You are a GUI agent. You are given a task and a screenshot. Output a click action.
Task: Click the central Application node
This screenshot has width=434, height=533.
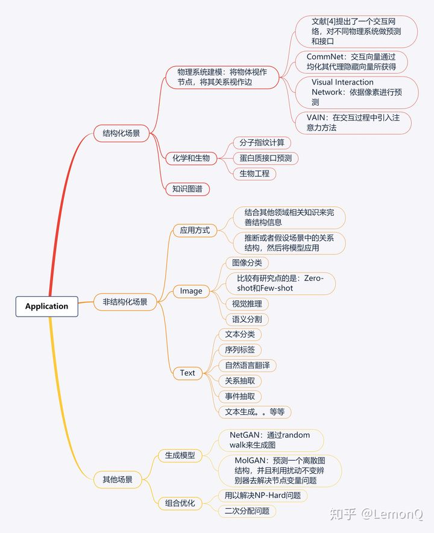pyautogui.click(x=46, y=306)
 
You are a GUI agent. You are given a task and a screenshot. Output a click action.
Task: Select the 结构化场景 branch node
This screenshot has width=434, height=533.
pyautogui.click(x=121, y=133)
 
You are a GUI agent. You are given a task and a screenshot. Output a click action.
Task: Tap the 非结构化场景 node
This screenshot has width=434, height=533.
pyautogui.click(x=125, y=301)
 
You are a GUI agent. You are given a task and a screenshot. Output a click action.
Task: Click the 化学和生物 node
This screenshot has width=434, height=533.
pyautogui.click(x=191, y=158)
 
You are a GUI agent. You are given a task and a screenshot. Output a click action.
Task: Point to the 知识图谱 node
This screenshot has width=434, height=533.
pyautogui.click(x=187, y=189)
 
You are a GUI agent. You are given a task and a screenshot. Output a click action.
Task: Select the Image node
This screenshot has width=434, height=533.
pyautogui.click(x=191, y=291)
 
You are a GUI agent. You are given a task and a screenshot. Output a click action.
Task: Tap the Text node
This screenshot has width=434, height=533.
pyautogui.click(x=187, y=373)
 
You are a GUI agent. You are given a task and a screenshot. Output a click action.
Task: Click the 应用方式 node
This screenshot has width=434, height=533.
pyautogui.click(x=195, y=230)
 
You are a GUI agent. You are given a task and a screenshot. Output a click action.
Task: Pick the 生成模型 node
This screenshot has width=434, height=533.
pyautogui.click(x=180, y=455)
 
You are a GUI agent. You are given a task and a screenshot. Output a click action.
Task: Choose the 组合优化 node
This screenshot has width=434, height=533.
pyautogui.click(x=180, y=503)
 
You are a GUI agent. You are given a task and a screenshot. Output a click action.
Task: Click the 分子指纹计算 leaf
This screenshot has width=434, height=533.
pyautogui.click(x=262, y=143)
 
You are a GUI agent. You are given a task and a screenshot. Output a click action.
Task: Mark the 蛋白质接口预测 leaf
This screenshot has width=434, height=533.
pyautogui.click(x=266, y=159)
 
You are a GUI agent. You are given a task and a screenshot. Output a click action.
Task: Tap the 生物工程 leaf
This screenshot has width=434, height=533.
pyautogui.click(x=254, y=174)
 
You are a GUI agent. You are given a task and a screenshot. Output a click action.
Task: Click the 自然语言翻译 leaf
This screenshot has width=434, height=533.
pyautogui.click(x=247, y=365)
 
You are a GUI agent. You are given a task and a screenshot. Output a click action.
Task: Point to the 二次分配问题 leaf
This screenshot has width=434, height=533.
pyautogui.click(x=247, y=511)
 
